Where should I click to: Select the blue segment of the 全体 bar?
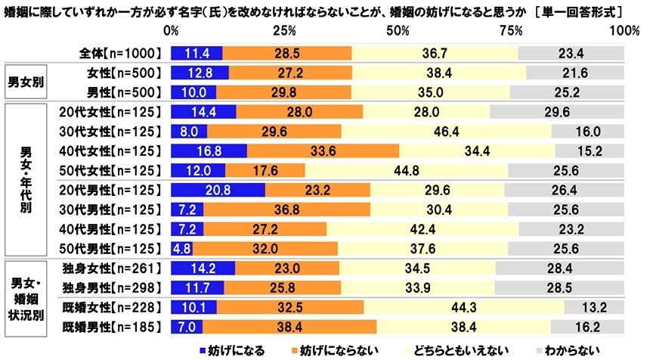(197, 53)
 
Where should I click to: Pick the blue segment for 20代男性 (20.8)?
(218, 188)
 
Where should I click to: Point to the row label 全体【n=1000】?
(121, 53)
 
